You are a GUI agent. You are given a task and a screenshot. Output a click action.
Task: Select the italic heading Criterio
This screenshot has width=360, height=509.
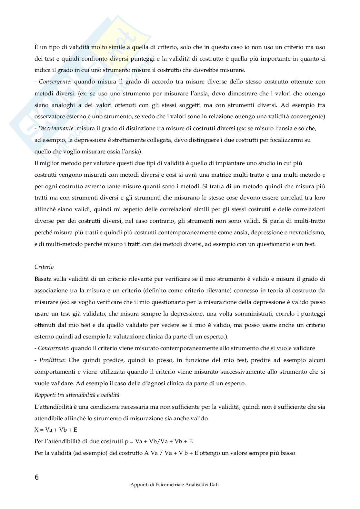coord(44,267)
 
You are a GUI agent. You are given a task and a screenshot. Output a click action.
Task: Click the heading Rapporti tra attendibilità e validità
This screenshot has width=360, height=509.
coord(77,395)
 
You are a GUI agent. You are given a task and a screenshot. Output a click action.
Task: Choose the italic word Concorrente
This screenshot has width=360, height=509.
coord(53,348)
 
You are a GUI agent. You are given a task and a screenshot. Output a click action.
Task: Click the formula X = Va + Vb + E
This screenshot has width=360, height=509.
coord(56,430)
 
